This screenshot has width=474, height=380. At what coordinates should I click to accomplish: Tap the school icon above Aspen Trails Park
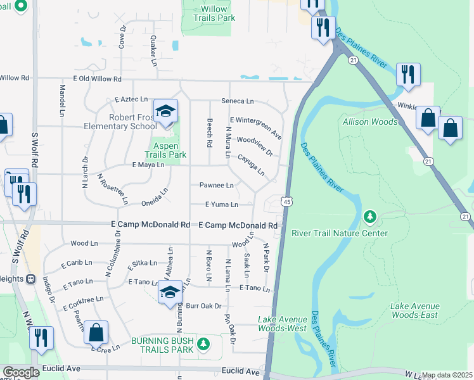[x=166, y=111]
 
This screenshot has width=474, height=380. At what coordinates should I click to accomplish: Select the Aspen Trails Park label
[x=165, y=150]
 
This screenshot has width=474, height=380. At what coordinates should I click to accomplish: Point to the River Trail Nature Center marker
[x=369, y=218]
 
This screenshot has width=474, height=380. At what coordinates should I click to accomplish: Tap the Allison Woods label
[x=370, y=122]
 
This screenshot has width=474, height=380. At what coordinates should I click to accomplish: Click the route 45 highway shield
[x=287, y=201]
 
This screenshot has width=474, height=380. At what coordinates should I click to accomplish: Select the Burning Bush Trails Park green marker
[x=203, y=345]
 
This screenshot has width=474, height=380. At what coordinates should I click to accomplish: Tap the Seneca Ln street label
[x=237, y=101]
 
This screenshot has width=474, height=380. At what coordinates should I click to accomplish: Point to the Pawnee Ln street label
[x=217, y=186]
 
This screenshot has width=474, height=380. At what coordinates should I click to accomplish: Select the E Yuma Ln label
[x=221, y=205]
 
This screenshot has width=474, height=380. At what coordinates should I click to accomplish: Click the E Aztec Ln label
[x=131, y=100]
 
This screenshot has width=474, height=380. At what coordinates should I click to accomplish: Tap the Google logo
[x=21, y=372]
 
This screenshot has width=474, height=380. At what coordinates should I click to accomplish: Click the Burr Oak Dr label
[x=203, y=306]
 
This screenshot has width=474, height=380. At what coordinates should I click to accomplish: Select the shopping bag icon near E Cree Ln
[x=96, y=333]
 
